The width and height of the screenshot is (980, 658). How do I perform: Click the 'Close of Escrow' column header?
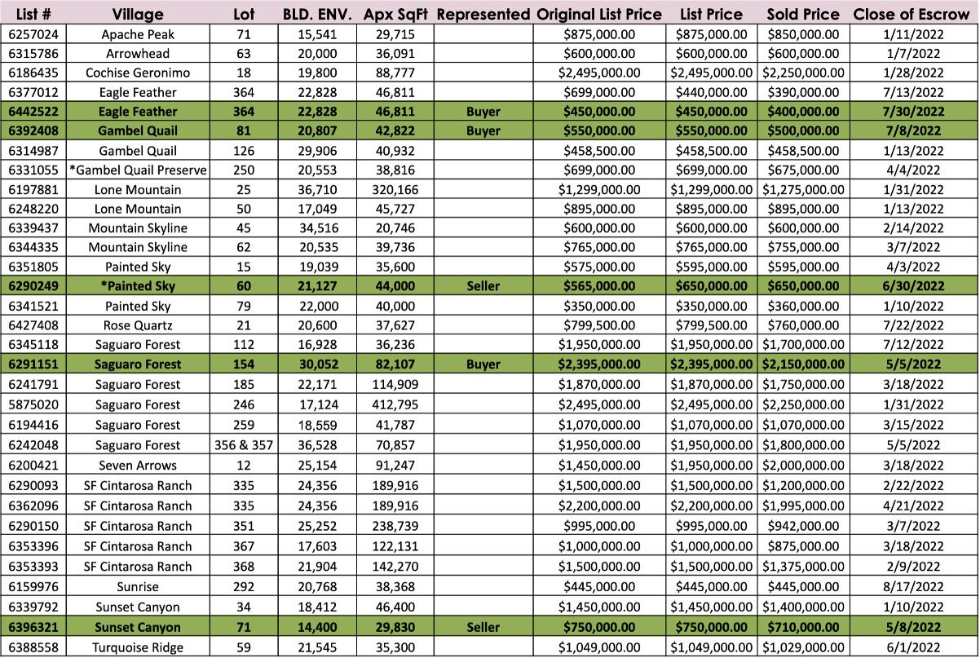pyautogui.click(x=899, y=14)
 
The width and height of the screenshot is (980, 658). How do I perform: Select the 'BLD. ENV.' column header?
pyautogui.click(x=316, y=14)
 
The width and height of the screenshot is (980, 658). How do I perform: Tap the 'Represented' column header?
pyautogui.click(x=483, y=14)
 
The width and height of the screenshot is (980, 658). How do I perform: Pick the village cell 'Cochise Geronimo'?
pyautogui.click(x=138, y=73)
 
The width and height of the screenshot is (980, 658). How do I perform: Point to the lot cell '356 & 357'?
pyautogui.click(x=244, y=445)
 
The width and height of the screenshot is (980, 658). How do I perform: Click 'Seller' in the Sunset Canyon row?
pyautogui.click(x=483, y=627)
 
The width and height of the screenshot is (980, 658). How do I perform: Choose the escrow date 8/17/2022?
pyautogui.click(x=901, y=587)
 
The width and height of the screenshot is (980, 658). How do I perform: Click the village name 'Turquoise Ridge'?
pyautogui.click(x=138, y=647)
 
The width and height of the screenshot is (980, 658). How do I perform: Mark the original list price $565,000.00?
pyautogui.click(x=599, y=286)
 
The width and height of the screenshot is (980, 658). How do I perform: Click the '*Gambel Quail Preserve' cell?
pyautogui.click(x=138, y=170)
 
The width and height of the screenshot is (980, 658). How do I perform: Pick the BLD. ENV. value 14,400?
pyautogui.click(x=315, y=627)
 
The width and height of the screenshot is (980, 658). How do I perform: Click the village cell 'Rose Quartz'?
pyautogui.click(x=138, y=325)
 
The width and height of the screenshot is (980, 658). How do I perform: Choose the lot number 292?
pyautogui.click(x=244, y=587)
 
